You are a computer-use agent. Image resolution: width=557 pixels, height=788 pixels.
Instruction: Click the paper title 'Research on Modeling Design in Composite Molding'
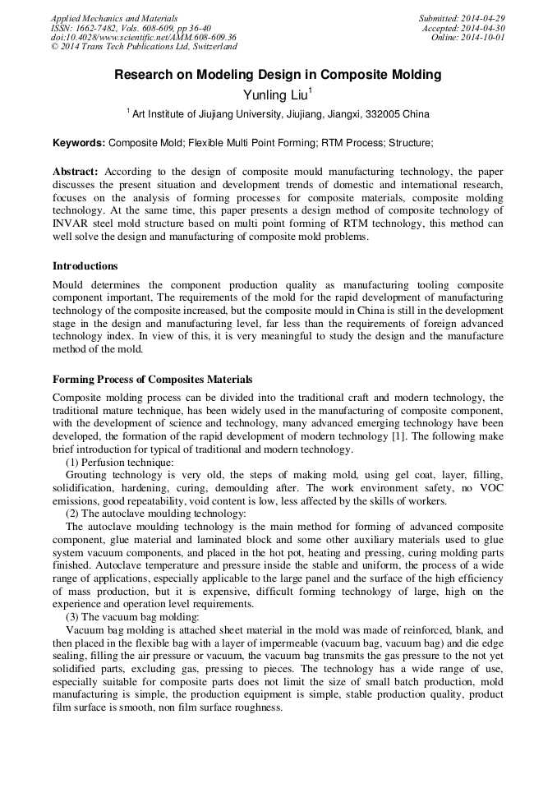pos(278,75)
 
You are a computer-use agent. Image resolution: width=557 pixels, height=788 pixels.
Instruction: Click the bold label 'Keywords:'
pos(79,143)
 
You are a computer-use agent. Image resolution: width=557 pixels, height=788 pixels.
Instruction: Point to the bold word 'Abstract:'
pos(76,172)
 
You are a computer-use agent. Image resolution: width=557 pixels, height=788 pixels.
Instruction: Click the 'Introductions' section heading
pos(85,266)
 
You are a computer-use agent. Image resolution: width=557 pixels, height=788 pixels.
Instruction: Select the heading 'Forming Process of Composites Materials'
pos(152,380)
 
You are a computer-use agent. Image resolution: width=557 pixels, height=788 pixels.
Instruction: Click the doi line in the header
pos(143,38)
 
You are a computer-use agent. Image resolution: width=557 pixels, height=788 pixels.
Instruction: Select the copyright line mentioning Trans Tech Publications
pos(143,48)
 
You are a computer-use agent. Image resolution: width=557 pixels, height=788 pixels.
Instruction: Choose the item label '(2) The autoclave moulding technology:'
pos(155,514)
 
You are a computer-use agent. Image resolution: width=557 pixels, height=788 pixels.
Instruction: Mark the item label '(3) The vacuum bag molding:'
pos(131,617)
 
